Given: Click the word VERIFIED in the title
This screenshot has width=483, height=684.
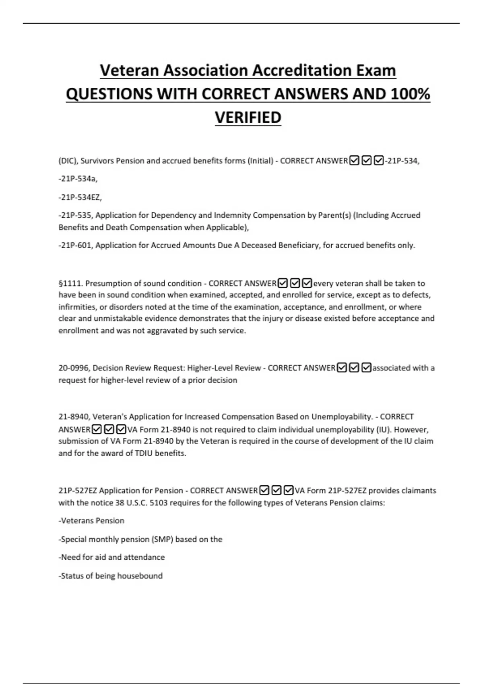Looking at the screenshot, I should click(248, 117).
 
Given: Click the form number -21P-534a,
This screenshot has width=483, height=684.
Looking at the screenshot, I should click(78, 179).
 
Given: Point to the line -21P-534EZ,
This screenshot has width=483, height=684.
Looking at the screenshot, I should click(80, 197).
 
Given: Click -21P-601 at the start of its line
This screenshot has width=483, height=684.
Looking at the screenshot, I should click(76, 245).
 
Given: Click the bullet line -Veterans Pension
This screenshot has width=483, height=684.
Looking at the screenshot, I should click(91, 521).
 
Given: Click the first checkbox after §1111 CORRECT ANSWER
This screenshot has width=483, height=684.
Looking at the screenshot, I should click(283, 283).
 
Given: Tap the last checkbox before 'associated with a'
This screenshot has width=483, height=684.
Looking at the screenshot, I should click(366, 368).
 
